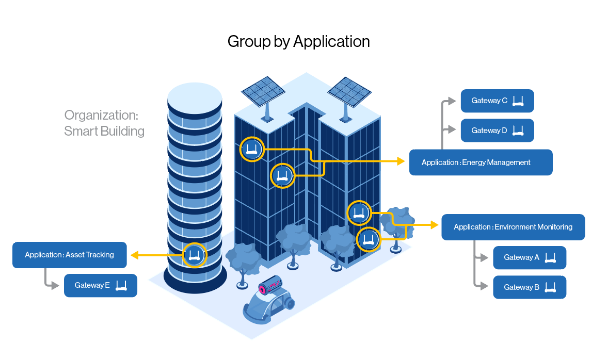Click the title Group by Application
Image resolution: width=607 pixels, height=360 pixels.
[x=298, y=42]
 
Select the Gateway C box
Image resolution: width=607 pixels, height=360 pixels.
[x=497, y=101]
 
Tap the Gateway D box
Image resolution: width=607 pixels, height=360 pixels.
[x=497, y=131]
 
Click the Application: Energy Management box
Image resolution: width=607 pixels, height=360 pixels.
[x=481, y=162]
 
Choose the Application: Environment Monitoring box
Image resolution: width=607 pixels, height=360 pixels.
[x=513, y=227]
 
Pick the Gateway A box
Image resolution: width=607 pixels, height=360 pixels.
[x=529, y=257]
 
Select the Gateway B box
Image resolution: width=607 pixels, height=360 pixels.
[x=529, y=287]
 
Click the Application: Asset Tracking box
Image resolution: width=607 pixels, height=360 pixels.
[x=69, y=255]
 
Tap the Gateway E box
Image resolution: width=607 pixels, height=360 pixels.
[x=100, y=285]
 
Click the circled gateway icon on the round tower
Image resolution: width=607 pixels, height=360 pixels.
[x=194, y=255]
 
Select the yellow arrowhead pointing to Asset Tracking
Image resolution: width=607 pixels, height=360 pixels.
[x=134, y=255]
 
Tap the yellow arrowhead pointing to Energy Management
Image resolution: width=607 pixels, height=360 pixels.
[x=400, y=161]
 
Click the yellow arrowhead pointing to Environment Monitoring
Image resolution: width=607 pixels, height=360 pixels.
[x=433, y=225]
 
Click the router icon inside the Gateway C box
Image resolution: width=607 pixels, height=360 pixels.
[x=518, y=101]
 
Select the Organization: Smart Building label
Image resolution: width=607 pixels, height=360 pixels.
[x=104, y=123]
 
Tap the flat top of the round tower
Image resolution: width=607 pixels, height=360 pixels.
[x=195, y=96]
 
